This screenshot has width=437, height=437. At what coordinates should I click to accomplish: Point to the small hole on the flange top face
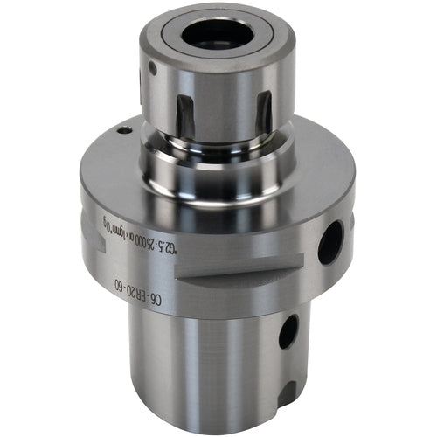tap(125, 128)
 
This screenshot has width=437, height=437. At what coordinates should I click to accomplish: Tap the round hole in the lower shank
tap(288, 331)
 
